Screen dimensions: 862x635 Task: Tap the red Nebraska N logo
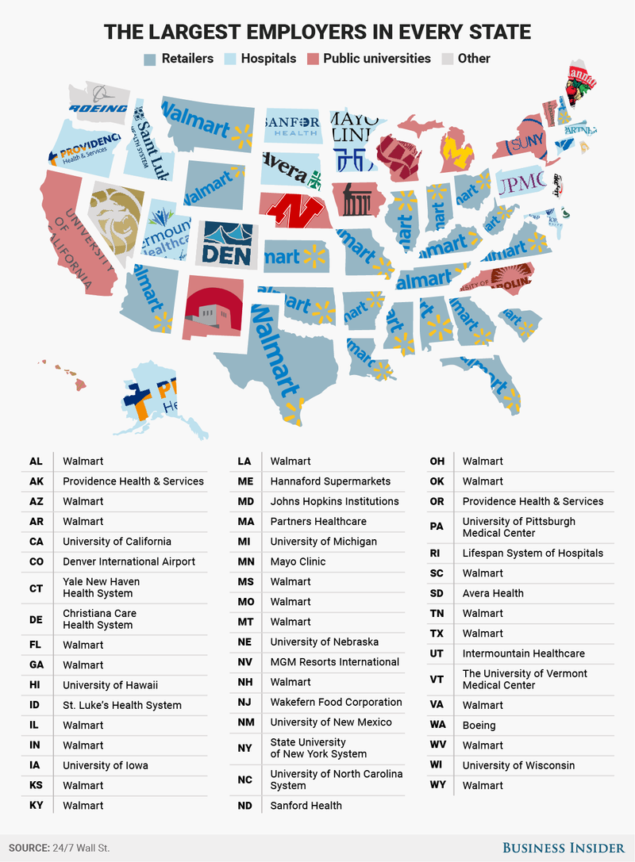pyautogui.click(x=291, y=211)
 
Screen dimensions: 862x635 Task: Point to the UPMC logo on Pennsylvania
pyautogui.click(x=521, y=181)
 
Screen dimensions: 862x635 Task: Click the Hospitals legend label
pyautogui.click(x=268, y=59)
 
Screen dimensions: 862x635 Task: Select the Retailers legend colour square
pyautogui.click(x=150, y=59)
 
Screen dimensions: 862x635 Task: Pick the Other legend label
pyautogui.click(x=474, y=59)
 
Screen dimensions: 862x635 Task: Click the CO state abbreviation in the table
pyautogui.click(x=36, y=561)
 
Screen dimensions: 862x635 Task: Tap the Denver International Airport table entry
pyautogui.click(x=129, y=561)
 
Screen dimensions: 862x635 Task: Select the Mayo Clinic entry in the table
pyautogui.click(x=298, y=561)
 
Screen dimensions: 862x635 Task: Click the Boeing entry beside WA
pyautogui.click(x=479, y=725)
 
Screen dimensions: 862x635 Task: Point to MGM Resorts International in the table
pyautogui.click(x=334, y=661)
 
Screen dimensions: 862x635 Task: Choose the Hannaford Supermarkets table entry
pyautogui.click(x=330, y=481)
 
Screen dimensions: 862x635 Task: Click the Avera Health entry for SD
pyautogui.click(x=493, y=593)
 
